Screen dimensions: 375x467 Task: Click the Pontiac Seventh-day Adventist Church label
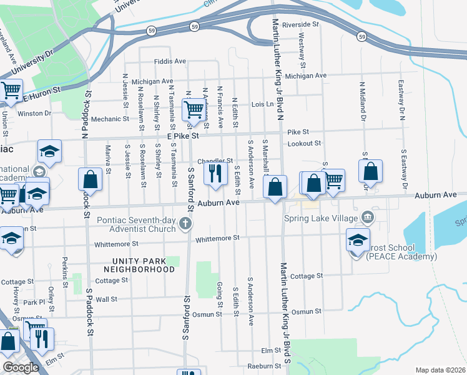tap(137, 224)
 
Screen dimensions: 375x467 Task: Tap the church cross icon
tap(185, 223)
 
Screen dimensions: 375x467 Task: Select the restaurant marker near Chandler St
tap(215, 173)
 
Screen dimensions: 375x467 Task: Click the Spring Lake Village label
tap(321, 218)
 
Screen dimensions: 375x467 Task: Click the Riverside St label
tap(300, 24)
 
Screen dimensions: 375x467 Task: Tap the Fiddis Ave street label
tap(170, 61)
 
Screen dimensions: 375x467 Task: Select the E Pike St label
tap(182, 135)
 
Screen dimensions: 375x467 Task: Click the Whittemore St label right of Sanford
tap(217, 238)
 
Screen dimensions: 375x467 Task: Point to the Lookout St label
tap(304, 143)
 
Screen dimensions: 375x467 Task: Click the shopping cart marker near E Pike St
tap(194, 109)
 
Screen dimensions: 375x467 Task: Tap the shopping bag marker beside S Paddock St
tap(91, 179)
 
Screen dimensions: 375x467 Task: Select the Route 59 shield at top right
tap(361, 37)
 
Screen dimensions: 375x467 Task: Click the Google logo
tap(21, 367)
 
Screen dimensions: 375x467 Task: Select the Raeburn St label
tap(264, 366)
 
